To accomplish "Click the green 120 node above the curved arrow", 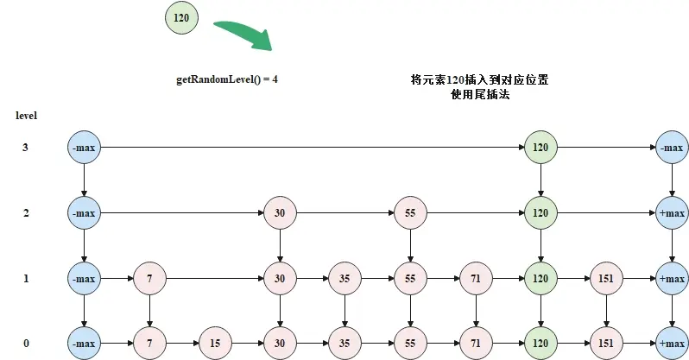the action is point(181,17).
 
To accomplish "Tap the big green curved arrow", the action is point(246,35).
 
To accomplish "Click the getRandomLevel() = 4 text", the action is point(227,79).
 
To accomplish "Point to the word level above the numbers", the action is point(27,116).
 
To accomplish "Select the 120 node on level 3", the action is point(540,148).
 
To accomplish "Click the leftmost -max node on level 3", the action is point(84,148).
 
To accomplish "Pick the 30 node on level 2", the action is point(280,212).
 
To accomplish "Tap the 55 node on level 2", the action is point(410,212).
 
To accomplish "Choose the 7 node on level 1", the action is point(149,278).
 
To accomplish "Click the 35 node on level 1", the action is point(344,278).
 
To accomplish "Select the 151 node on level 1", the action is point(606,278).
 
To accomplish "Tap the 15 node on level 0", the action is point(215,344).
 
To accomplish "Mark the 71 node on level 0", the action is point(476,344).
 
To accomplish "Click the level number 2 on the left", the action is point(26,213).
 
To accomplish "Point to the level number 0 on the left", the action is point(26,344).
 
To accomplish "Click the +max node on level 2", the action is point(673,212).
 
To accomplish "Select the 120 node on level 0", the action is point(540,344).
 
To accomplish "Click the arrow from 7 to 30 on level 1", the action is point(215,278).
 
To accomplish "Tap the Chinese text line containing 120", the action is point(479,79).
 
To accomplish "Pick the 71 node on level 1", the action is point(476,278).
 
